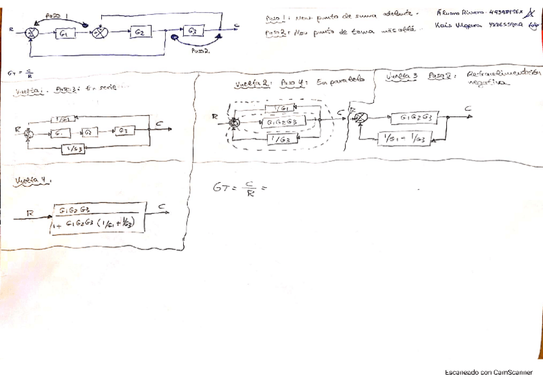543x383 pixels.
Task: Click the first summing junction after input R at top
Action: pyautogui.click(x=30, y=33)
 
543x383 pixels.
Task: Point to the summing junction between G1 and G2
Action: pyautogui.click(x=99, y=32)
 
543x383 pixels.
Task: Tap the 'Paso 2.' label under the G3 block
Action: pyautogui.click(x=199, y=52)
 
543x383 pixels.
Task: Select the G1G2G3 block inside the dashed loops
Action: pyautogui.click(x=281, y=122)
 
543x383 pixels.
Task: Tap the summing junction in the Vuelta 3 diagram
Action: pyautogui.click(x=361, y=118)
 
